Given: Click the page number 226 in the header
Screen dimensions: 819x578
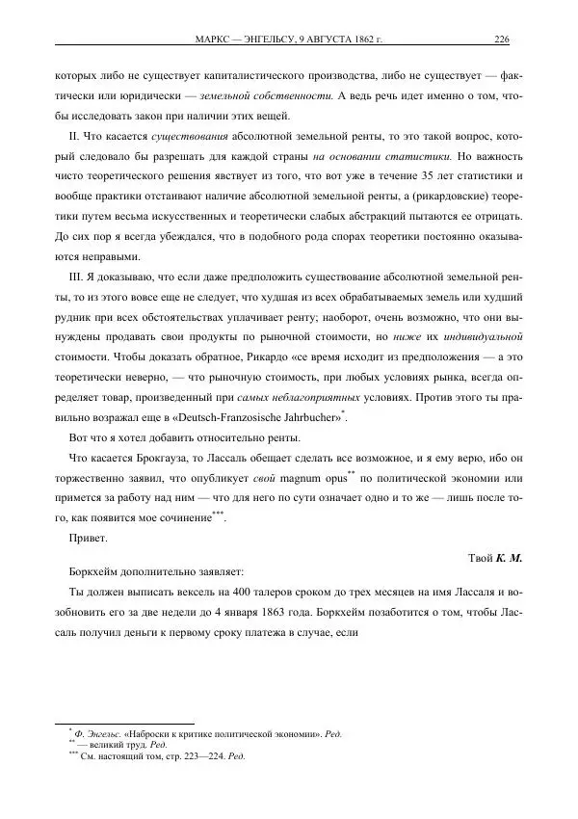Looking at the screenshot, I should (501, 40).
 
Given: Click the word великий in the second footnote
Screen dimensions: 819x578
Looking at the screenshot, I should (101, 746).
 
